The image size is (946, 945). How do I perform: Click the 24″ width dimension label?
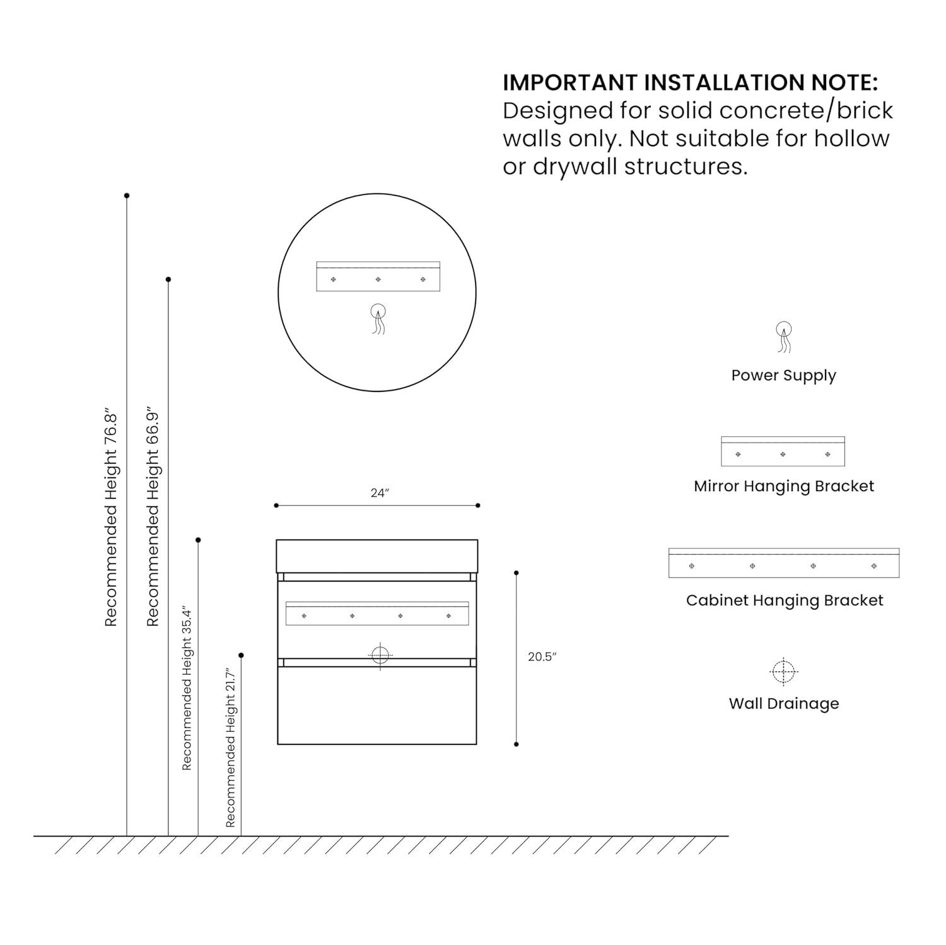(380, 493)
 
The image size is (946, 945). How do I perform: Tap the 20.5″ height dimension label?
(542, 657)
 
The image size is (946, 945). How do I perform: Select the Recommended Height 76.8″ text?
(111, 519)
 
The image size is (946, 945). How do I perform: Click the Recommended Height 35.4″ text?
(187, 688)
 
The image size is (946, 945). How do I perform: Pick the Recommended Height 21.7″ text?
(230, 747)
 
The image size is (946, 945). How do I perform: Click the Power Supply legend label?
(783, 375)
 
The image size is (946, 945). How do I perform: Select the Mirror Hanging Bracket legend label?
(783, 486)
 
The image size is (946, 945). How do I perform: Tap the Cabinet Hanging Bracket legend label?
(784, 600)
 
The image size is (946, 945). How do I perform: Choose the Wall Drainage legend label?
(783, 704)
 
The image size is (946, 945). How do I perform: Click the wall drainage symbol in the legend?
(783, 672)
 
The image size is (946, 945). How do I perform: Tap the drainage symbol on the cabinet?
(380, 656)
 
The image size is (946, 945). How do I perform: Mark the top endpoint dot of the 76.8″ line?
(127, 196)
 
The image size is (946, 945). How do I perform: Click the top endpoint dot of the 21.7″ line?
(241, 656)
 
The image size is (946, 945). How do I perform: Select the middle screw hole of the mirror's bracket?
(378, 279)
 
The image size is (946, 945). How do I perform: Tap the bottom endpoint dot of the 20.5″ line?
(517, 745)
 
